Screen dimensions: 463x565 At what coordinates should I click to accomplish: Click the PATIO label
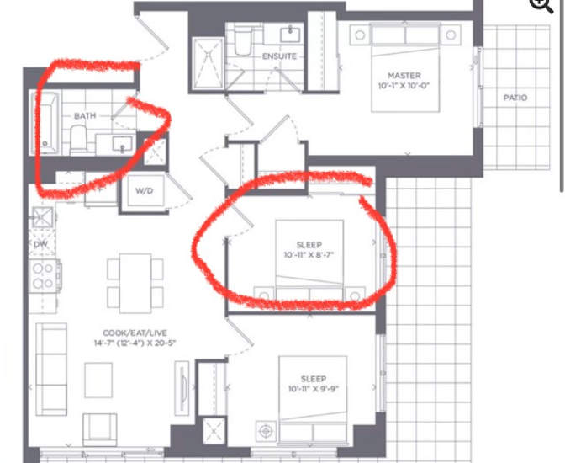[515, 98]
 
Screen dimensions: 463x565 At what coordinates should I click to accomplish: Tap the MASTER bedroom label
[404, 75]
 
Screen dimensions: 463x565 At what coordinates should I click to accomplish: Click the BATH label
[85, 115]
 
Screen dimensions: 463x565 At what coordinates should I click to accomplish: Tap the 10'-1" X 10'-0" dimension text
[404, 86]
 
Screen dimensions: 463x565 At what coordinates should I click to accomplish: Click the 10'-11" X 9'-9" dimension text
[314, 389]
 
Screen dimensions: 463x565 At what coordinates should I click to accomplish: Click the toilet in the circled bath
[78, 139]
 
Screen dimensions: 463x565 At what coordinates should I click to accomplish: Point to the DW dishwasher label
[40, 243]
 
